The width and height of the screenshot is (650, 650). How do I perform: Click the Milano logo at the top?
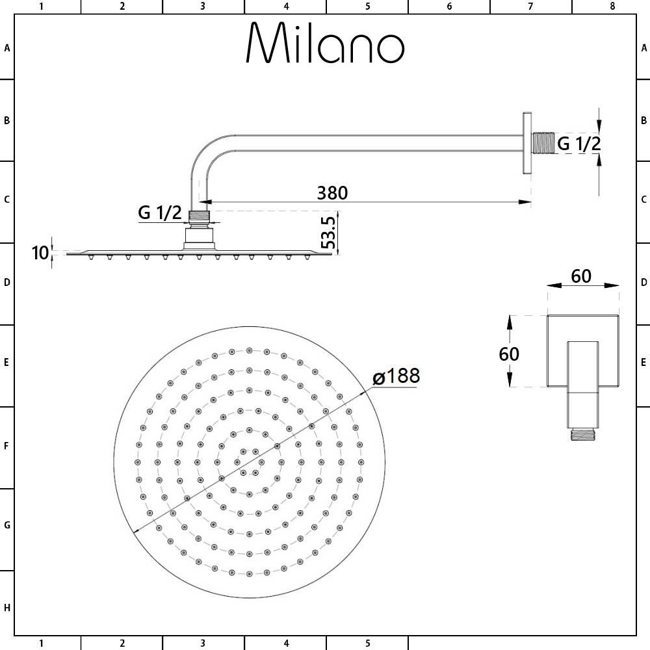click(x=325, y=44)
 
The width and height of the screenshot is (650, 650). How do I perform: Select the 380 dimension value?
click(x=332, y=193)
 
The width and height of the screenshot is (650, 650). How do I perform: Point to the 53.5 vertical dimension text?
click(x=328, y=233)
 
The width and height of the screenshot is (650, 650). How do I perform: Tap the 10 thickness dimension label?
click(x=40, y=253)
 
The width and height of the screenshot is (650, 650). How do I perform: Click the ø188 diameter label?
click(x=396, y=376)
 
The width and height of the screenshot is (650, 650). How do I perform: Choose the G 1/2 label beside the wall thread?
click(x=579, y=144)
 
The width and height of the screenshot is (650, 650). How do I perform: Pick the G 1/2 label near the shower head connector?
click(x=160, y=213)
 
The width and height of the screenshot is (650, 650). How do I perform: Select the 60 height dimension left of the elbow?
click(x=509, y=354)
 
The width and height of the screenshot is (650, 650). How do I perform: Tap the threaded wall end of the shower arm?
click(x=543, y=143)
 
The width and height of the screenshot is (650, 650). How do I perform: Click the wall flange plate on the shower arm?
click(x=526, y=143)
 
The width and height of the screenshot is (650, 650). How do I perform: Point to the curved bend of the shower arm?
click(x=207, y=153)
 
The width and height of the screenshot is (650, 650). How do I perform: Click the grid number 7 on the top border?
click(x=530, y=6)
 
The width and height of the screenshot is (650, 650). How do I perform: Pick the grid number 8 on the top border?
click(x=612, y=6)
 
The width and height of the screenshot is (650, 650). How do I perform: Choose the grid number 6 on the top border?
click(x=449, y=6)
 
